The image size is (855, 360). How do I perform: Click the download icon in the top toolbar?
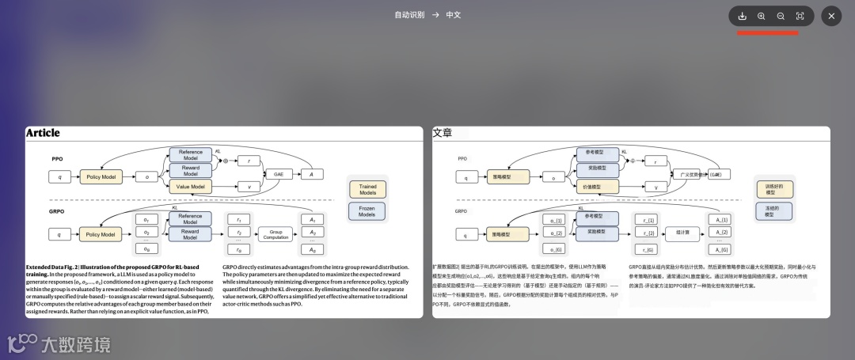click(x=742, y=16)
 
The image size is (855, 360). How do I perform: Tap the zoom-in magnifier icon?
click(x=762, y=16)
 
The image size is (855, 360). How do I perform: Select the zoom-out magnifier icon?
click(x=781, y=16)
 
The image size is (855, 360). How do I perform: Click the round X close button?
click(x=831, y=16)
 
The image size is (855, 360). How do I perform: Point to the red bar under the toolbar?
click(x=767, y=33)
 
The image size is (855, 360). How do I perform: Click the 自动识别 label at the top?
click(x=409, y=15)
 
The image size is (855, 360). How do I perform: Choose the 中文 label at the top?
click(x=454, y=15)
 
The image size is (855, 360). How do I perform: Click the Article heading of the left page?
click(x=43, y=134)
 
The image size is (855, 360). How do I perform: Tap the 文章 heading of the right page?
click(x=442, y=134)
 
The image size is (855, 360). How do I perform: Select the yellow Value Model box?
click(x=190, y=187)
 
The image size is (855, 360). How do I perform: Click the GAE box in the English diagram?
click(x=278, y=174)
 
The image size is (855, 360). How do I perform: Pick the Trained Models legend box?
click(x=368, y=190)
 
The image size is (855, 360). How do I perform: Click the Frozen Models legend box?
click(x=368, y=211)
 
